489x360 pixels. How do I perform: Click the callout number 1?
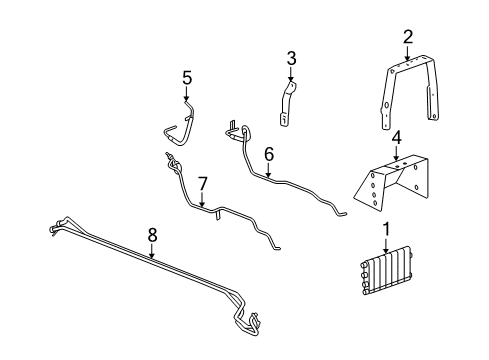385,231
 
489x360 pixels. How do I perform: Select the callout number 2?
408,37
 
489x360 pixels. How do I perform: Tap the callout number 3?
291,58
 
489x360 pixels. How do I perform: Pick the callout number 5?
186,77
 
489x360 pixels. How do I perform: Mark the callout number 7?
202,184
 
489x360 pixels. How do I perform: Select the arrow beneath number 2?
408,52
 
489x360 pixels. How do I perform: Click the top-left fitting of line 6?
233,128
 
